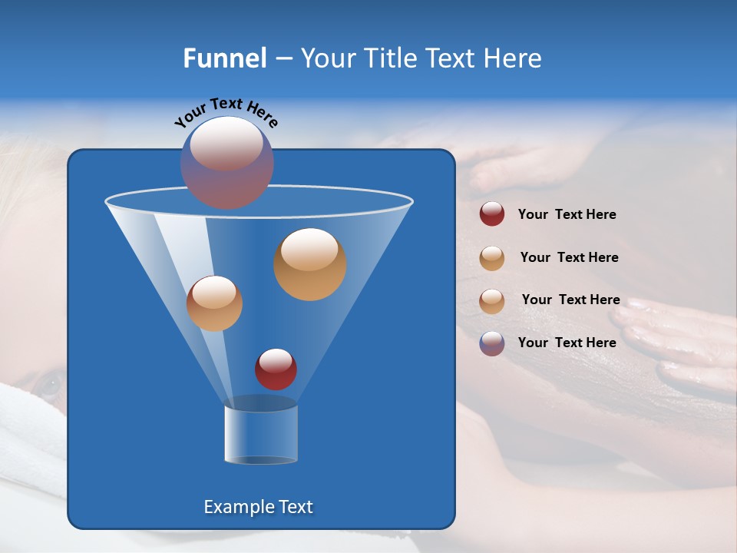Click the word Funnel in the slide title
coord(225,58)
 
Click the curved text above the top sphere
coord(226,112)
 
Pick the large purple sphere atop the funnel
coord(227,162)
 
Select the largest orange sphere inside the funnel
coord(310,263)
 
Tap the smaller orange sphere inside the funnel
coord(214,303)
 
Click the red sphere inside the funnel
coord(276,369)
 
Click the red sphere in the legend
coord(492,214)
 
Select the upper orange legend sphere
coord(492,257)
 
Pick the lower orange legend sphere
coord(492,300)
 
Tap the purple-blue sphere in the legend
coord(492,343)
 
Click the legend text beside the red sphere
coord(567,215)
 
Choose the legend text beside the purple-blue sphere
coord(567,343)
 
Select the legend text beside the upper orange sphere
coord(569,258)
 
